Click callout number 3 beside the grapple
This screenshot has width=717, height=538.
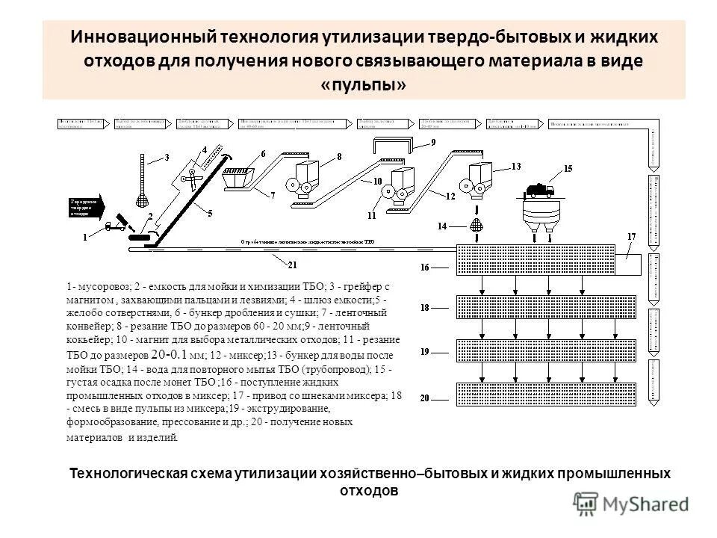[167, 158]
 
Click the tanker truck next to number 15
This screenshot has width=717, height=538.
[541, 191]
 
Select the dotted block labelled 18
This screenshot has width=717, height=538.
[546, 307]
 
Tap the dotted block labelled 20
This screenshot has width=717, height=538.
[546, 394]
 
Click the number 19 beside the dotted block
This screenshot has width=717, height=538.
[425, 350]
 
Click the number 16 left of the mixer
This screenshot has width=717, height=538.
[425, 266]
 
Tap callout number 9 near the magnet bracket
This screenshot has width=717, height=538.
[434, 142]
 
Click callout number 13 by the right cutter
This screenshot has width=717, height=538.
[516, 166]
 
